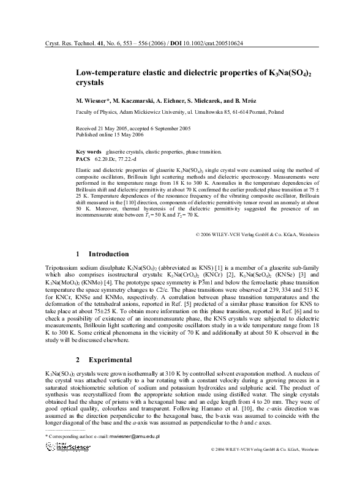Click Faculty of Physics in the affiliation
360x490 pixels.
click(x=97, y=113)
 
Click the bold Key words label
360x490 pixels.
click(x=88, y=151)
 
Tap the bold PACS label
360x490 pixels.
click(x=83, y=158)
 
